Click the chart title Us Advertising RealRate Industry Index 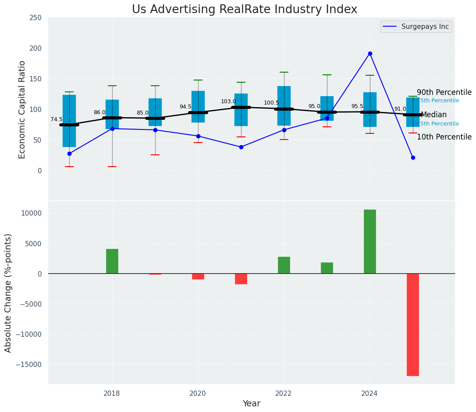click(x=245, y=10)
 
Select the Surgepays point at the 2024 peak click(x=370, y=54)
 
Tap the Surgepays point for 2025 click(x=413, y=157)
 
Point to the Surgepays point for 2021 click(x=241, y=147)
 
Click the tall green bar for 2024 click(x=370, y=241)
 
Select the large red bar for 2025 click(x=413, y=325)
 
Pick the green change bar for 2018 click(x=112, y=261)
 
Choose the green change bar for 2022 click(x=284, y=265)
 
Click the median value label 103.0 click(x=228, y=101)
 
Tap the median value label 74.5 click(x=57, y=119)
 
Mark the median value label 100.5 click(x=271, y=103)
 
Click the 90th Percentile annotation click(x=444, y=93)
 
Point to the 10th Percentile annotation click(x=444, y=137)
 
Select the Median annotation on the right click(x=433, y=115)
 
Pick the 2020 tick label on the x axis click(x=198, y=394)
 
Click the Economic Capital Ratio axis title click(x=22, y=109)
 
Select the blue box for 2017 click(x=69, y=121)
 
